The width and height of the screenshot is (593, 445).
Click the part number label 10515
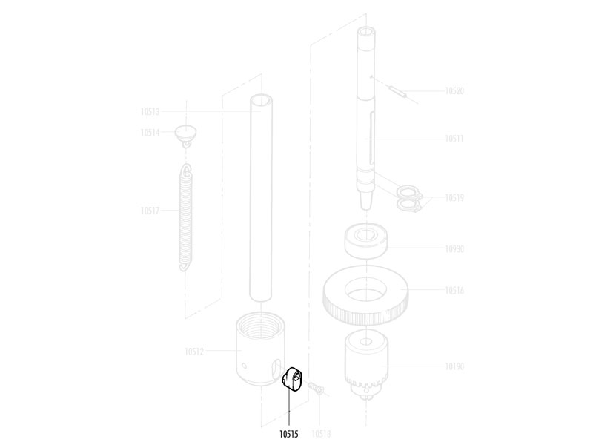click(289, 434)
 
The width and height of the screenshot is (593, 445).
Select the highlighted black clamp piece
click(292, 378)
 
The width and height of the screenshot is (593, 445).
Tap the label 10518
click(321, 434)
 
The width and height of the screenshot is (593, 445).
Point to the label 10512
click(194, 352)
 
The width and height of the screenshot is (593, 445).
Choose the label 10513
click(150, 112)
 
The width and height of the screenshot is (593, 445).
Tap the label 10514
click(150, 133)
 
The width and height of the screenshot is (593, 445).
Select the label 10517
click(150, 211)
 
